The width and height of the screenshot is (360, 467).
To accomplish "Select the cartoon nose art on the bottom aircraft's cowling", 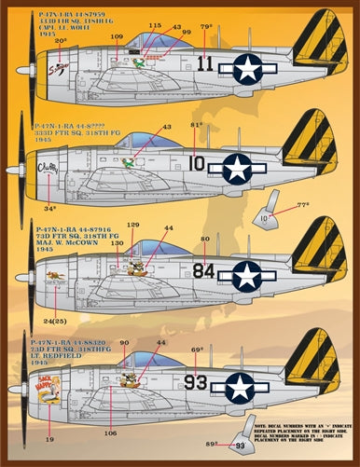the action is click(x=50, y=377).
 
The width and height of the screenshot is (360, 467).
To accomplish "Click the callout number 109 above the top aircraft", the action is click(x=117, y=36).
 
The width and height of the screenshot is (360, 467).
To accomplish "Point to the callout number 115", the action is click(x=155, y=26).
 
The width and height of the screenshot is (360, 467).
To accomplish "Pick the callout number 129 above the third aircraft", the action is click(x=133, y=225).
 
